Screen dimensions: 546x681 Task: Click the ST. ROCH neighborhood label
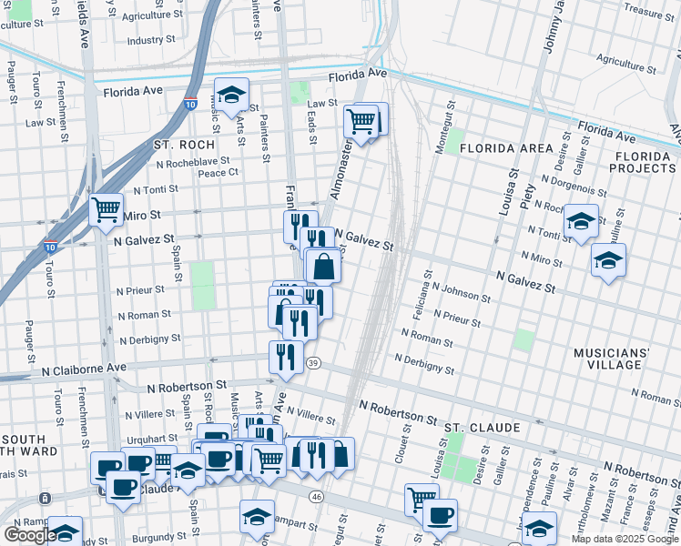(x=184, y=145)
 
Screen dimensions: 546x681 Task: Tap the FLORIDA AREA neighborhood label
(x=506, y=147)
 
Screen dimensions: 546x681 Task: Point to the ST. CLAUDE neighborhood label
(x=482, y=427)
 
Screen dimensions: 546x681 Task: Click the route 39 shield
(x=313, y=363)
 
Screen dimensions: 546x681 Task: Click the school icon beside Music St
(x=232, y=96)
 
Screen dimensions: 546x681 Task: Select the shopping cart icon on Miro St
(x=107, y=210)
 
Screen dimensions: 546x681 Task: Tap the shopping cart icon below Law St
(x=361, y=121)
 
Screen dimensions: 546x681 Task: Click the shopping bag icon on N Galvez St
(x=323, y=268)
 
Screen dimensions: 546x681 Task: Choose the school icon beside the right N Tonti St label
(x=580, y=222)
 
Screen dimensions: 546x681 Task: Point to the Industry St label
(x=151, y=41)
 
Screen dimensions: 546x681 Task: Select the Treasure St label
(x=649, y=12)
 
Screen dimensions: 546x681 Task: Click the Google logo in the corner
(x=30, y=534)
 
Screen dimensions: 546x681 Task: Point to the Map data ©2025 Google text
(x=625, y=539)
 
